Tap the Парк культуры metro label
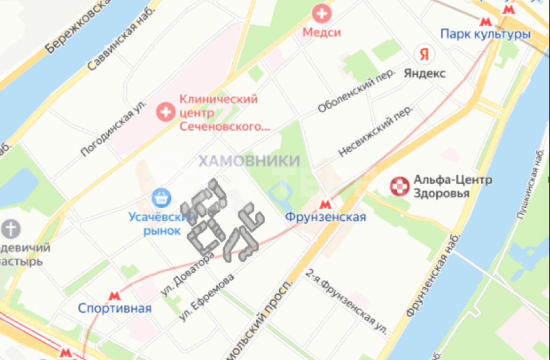[x=485, y=34]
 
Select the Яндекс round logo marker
[x=424, y=55]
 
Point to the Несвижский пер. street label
[x=375, y=132]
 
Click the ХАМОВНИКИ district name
[x=249, y=161]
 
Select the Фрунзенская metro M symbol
[x=324, y=204]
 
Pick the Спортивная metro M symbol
[x=114, y=295]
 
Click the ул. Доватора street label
[x=187, y=274]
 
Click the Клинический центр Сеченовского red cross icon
[x=163, y=110]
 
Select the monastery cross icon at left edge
[x=11, y=229]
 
